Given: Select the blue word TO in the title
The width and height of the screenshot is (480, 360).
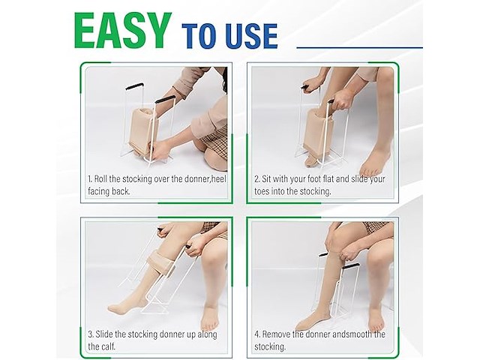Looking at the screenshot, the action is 201,36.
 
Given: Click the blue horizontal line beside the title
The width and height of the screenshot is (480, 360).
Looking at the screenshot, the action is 360,48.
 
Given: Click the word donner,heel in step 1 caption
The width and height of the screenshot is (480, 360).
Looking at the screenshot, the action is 205,178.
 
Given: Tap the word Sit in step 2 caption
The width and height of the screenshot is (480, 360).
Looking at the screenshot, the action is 266,178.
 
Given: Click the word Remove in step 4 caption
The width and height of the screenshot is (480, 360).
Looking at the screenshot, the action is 276,334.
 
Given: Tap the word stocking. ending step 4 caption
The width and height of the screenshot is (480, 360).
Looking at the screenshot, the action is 270,346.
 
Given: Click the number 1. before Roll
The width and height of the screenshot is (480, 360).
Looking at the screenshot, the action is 90,178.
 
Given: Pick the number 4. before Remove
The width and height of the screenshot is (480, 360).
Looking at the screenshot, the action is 257,334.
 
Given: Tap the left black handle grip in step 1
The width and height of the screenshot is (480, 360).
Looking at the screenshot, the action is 134,86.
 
